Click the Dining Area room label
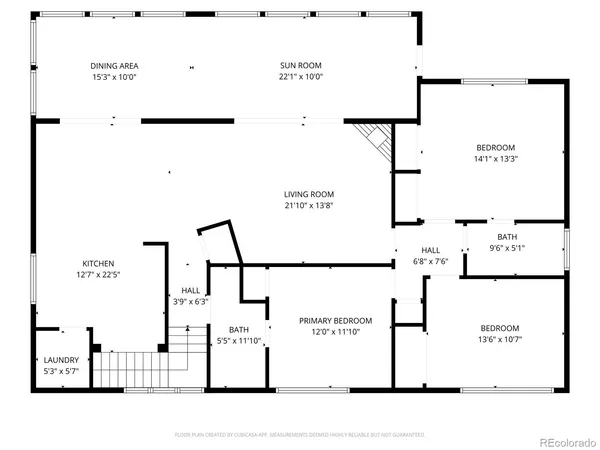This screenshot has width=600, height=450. coord(113,66)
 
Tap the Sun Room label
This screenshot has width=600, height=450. coord(301,66)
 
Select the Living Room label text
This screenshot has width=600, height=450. coord(309,194)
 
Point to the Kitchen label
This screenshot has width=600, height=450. coord(98,264)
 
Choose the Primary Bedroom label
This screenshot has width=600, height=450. coord(336,321)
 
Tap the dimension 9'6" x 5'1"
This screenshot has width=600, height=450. coord(507,248)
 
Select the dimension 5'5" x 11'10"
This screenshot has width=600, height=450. coord(238,341)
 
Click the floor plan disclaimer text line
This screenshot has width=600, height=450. coord(300,435)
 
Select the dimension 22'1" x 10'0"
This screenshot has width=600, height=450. coord(301,77)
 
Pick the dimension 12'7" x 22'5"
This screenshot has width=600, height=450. coord(98,275)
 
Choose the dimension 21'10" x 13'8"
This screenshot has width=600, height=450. coord(309,206)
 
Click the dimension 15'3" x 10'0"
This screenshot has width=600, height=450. coord(113,77)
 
